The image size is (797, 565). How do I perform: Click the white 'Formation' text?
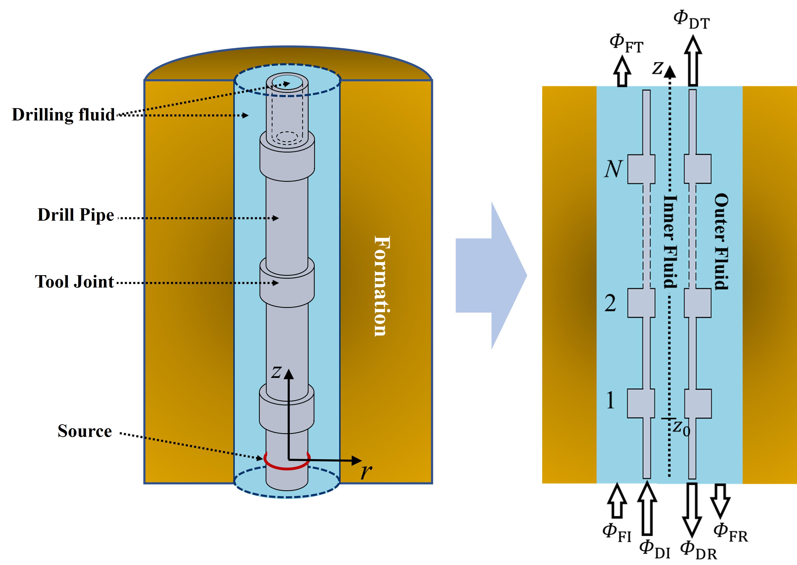click(x=382, y=286)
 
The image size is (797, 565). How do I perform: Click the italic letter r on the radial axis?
click(x=366, y=471)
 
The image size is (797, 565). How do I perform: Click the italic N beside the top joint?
click(x=613, y=169)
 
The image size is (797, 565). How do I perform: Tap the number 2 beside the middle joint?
click(x=610, y=303)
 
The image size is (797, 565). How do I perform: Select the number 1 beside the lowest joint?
click(x=610, y=400)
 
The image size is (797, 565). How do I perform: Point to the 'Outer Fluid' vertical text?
click(x=721, y=242)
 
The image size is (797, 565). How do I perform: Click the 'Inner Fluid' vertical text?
click(x=670, y=242)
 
